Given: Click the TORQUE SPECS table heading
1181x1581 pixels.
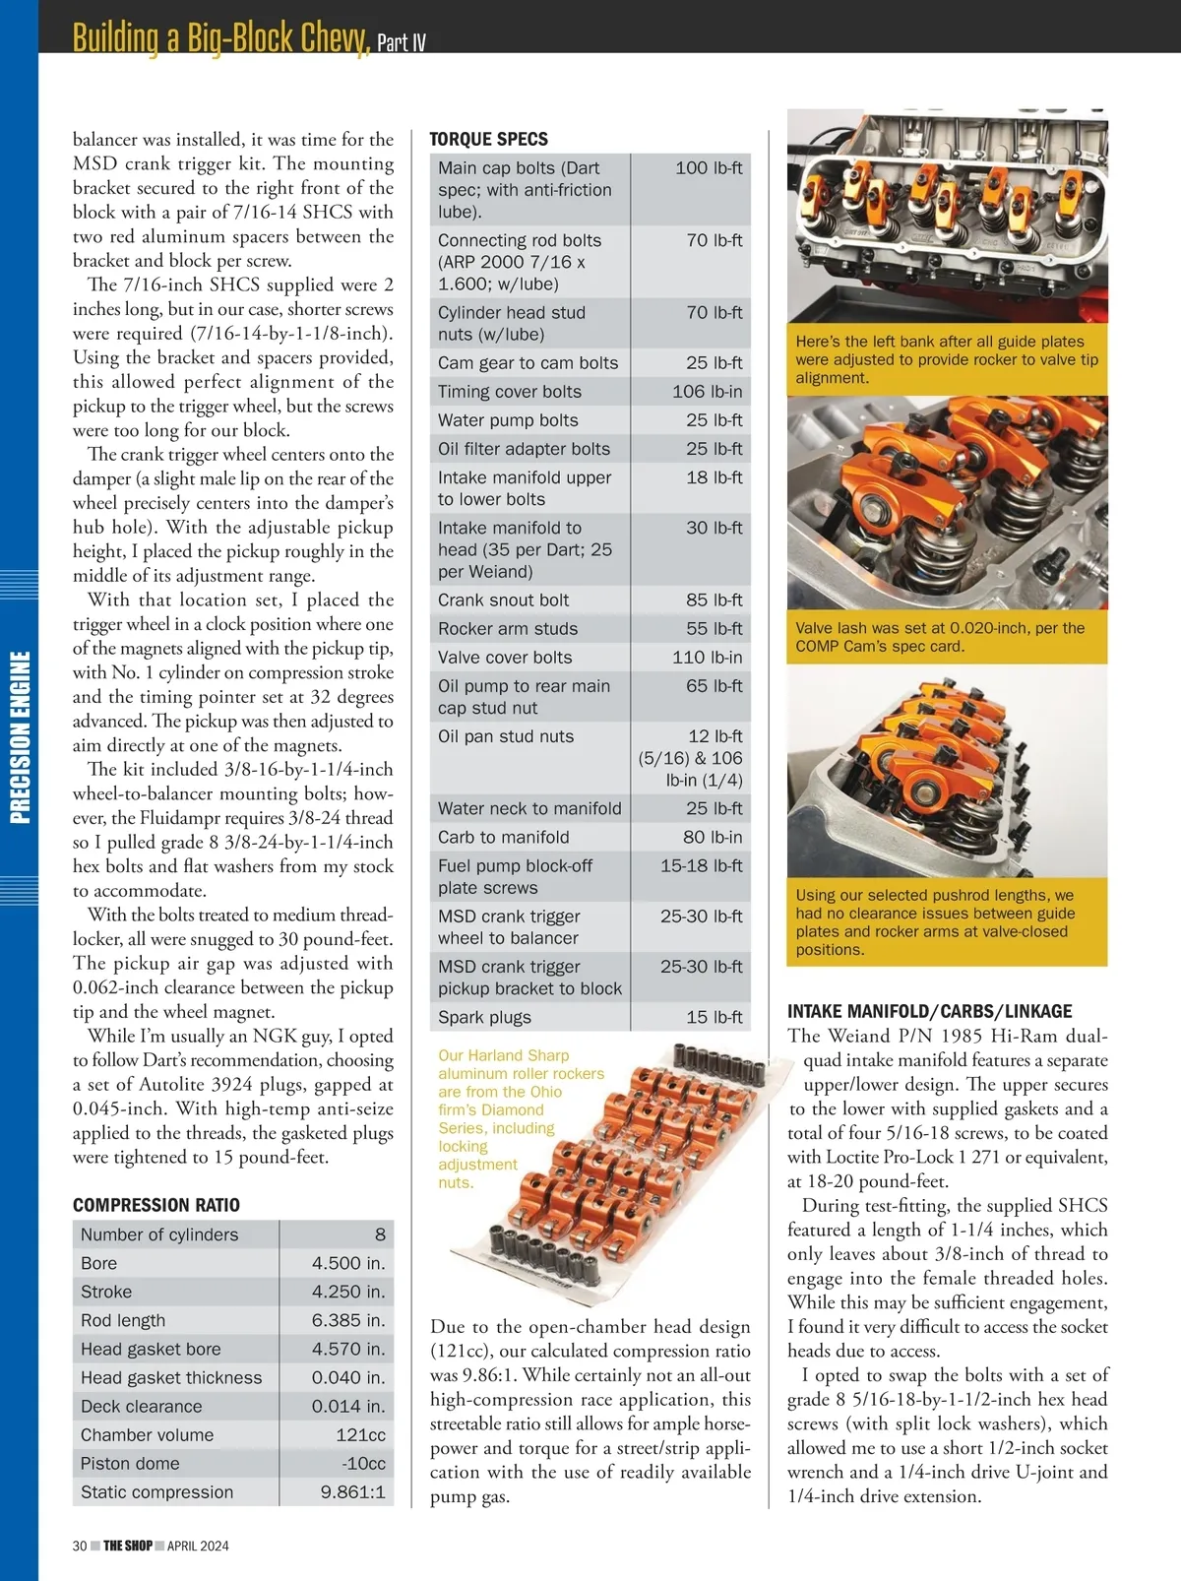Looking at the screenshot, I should coord(488,139).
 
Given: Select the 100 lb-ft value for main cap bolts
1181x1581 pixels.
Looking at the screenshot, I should coord(709,168).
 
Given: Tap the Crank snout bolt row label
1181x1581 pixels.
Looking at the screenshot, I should coord(503,600).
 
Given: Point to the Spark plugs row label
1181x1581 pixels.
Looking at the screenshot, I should coord(484,1017).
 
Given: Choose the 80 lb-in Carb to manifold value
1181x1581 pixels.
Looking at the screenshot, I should coord(713,837).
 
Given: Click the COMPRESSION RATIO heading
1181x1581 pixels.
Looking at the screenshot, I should coord(155,1205).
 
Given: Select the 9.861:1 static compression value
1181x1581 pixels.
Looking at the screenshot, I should coord(352,1491).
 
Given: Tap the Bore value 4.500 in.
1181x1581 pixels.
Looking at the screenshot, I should coord(348,1263).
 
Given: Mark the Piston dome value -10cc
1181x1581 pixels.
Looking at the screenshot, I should coord(360,1463).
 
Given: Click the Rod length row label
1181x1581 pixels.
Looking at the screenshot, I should coord(123,1320).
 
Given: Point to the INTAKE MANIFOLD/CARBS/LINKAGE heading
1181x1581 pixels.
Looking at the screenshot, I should coord(929,1011).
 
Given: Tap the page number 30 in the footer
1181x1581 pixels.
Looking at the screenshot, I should coord(80,1546).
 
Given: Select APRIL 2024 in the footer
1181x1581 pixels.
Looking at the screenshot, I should coord(198,1546).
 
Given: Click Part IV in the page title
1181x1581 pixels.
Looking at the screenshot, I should coord(402,42).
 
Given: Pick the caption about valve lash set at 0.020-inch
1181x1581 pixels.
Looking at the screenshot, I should coord(940,637).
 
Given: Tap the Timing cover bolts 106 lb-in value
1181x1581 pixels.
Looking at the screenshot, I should coord(707,392).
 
